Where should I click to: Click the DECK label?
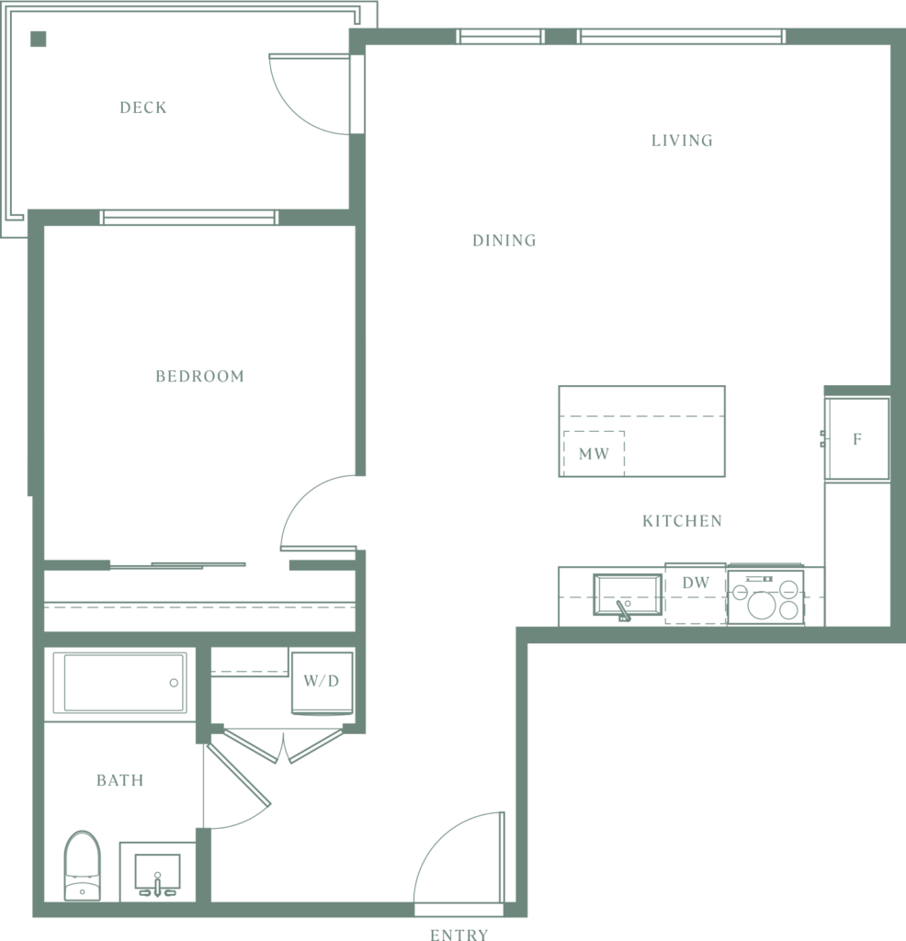tap(142, 108)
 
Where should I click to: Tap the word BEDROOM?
tap(199, 376)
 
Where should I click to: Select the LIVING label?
tap(682, 141)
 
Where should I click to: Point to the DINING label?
tap(504, 241)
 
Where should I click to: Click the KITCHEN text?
tap(682, 521)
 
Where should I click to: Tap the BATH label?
tap(120, 780)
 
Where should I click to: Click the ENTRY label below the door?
tap(459, 934)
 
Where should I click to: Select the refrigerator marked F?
tap(856, 438)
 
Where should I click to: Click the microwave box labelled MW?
tap(594, 454)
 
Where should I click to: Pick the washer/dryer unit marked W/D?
tap(323, 683)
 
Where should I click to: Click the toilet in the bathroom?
tap(82, 866)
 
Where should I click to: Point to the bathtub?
tap(120, 683)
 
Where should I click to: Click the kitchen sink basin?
tap(628, 595)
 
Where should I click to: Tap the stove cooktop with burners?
tap(765, 596)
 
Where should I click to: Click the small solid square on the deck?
tap(39, 39)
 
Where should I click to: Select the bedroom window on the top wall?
tap(188, 217)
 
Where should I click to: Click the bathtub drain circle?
tap(174, 683)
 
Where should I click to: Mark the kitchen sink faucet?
tap(623, 611)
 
